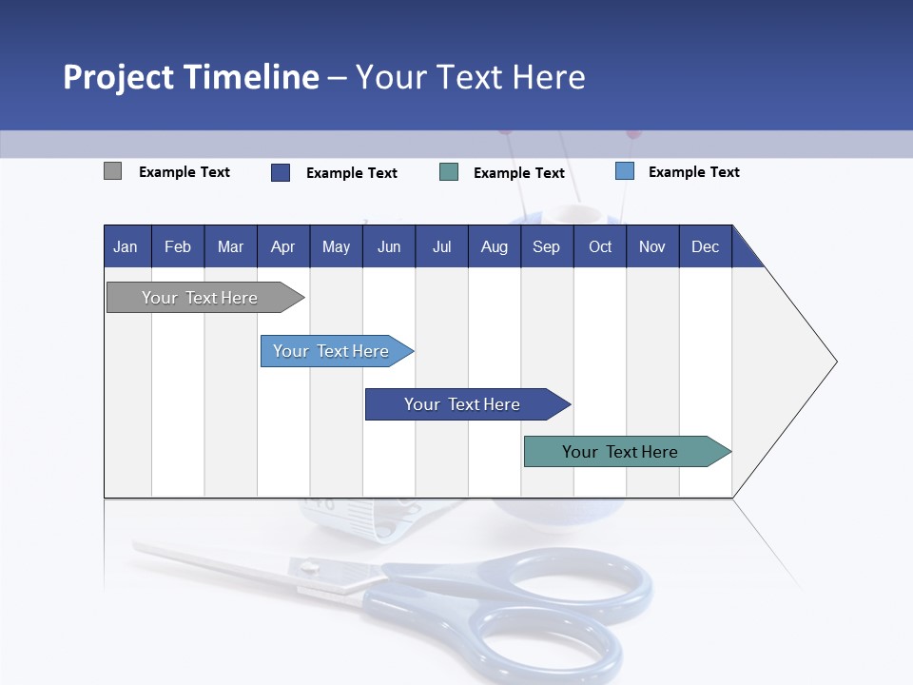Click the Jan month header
tap(126, 246)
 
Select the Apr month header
tap(283, 246)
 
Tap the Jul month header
tap(441, 246)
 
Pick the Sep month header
tap(546, 246)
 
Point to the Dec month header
tap(705, 246)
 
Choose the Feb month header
tap(178, 246)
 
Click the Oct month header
tap(600, 246)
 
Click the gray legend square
tap(112, 171)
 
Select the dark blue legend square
tap(281, 172)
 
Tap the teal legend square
tap(449, 172)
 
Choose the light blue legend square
tap(625, 171)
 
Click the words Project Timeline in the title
tap(191, 76)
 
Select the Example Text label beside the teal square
tap(518, 172)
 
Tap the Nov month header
tap(652, 246)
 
